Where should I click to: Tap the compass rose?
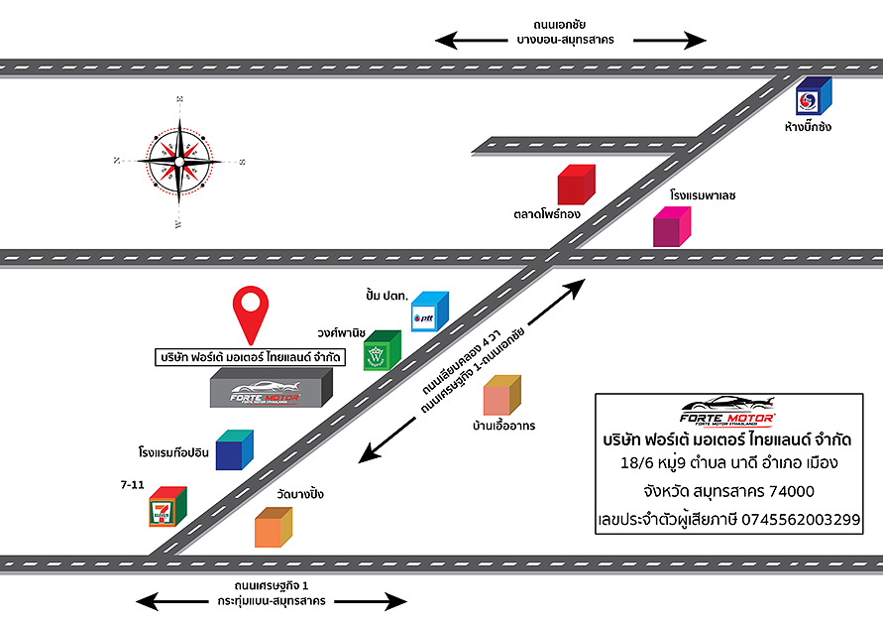(x=180, y=160)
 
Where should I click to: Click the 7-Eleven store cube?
(x=167, y=508)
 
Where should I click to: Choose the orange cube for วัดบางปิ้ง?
(x=274, y=527)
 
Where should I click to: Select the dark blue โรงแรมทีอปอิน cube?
(x=235, y=450)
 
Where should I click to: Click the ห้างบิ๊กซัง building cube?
(x=814, y=97)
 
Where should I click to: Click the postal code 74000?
(x=785, y=491)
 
